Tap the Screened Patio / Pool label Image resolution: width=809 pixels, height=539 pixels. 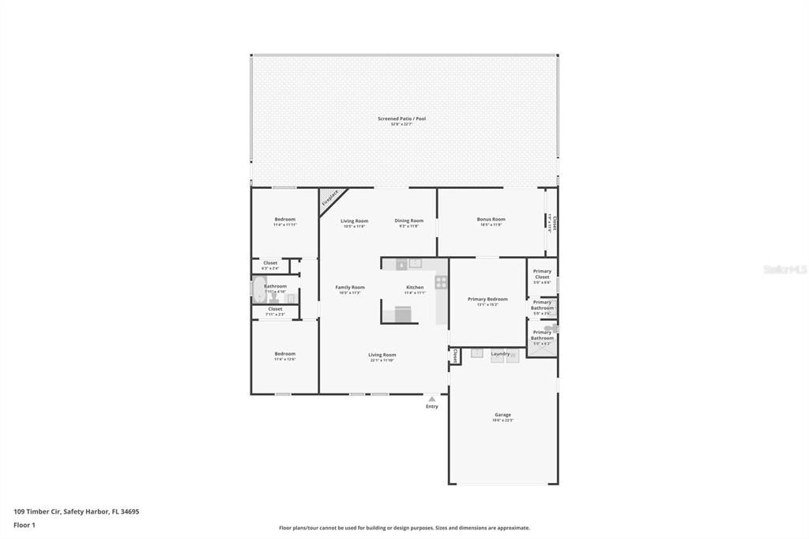pyautogui.click(x=401, y=119)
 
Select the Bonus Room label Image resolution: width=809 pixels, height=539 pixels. pyautogui.click(x=491, y=219)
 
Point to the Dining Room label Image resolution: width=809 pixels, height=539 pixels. pyautogui.click(x=408, y=220)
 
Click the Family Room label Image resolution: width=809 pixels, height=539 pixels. pyautogui.click(x=350, y=287)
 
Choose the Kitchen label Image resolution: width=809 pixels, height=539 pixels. pyautogui.click(x=415, y=287)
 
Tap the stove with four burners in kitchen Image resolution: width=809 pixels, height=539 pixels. pyautogui.click(x=441, y=282)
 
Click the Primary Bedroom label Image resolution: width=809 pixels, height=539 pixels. pyautogui.click(x=487, y=299)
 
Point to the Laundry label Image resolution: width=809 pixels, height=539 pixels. pyautogui.click(x=500, y=353)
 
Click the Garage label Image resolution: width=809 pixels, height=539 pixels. pyautogui.click(x=502, y=414)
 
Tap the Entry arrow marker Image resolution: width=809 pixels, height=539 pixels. pyautogui.click(x=431, y=399)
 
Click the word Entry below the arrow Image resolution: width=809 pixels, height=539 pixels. pyautogui.click(x=431, y=406)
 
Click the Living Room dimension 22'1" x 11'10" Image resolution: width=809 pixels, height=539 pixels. pyautogui.click(x=382, y=360)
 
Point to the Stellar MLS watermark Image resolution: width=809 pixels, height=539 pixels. pyautogui.click(x=785, y=269)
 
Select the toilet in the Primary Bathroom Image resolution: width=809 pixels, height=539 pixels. pyautogui.click(x=550, y=328)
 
